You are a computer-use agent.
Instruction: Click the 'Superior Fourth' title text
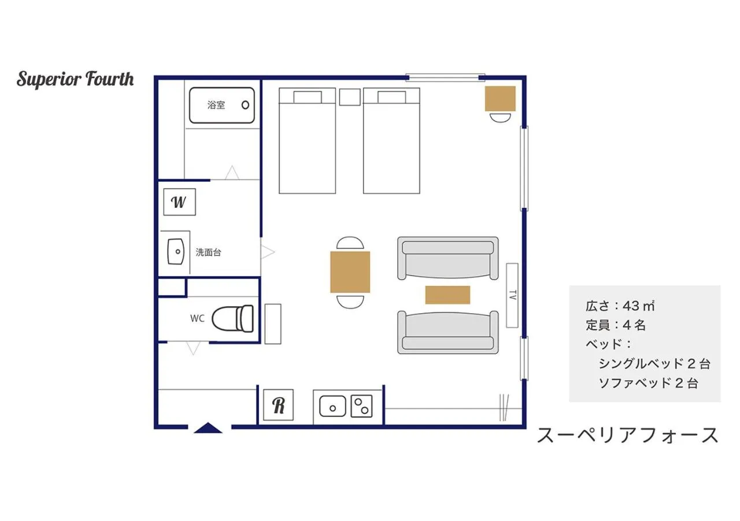tap(75, 79)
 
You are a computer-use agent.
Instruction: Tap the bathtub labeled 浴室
tap(222, 105)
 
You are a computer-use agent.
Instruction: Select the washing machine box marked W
tap(179, 202)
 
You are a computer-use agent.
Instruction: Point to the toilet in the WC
tap(233, 318)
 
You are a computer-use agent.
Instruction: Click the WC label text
tap(197, 318)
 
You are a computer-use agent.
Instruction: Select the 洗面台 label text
tap(208, 252)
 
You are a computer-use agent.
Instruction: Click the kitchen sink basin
tap(332, 406)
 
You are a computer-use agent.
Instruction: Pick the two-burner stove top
tap(361, 406)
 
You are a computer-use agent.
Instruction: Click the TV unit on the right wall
tap(512, 295)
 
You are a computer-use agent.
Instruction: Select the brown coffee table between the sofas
tap(447, 295)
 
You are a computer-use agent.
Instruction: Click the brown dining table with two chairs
tap(350, 272)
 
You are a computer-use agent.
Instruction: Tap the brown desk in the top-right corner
tap(500, 98)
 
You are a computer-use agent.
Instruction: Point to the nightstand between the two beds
tap(350, 97)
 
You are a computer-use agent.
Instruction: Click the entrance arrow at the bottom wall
tap(209, 428)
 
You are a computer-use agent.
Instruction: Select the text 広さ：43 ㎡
tap(620, 305)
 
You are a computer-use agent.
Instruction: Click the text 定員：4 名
tap(615, 325)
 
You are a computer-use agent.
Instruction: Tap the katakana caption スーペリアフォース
tap(628, 435)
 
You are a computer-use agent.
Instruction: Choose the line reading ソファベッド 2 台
tap(648, 383)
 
